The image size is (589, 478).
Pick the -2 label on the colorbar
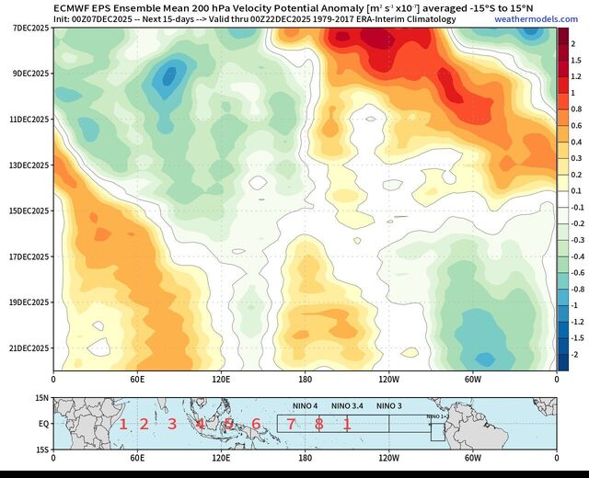pos(574,354)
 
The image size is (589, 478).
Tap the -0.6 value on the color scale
pos(576,272)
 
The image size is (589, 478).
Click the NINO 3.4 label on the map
pos(349,406)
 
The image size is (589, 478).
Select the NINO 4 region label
pos(305,406)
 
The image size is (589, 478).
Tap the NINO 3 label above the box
pos(389,406)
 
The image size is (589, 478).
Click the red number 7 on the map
pos(291,424)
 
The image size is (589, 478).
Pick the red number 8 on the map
pos(318,424)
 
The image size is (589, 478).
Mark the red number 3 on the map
pos(171,424)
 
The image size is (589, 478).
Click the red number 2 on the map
pos(144,424)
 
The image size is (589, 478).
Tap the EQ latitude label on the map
pos(43,424)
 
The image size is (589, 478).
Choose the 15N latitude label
pos(42,398)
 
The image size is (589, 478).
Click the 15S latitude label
pos(42,450)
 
